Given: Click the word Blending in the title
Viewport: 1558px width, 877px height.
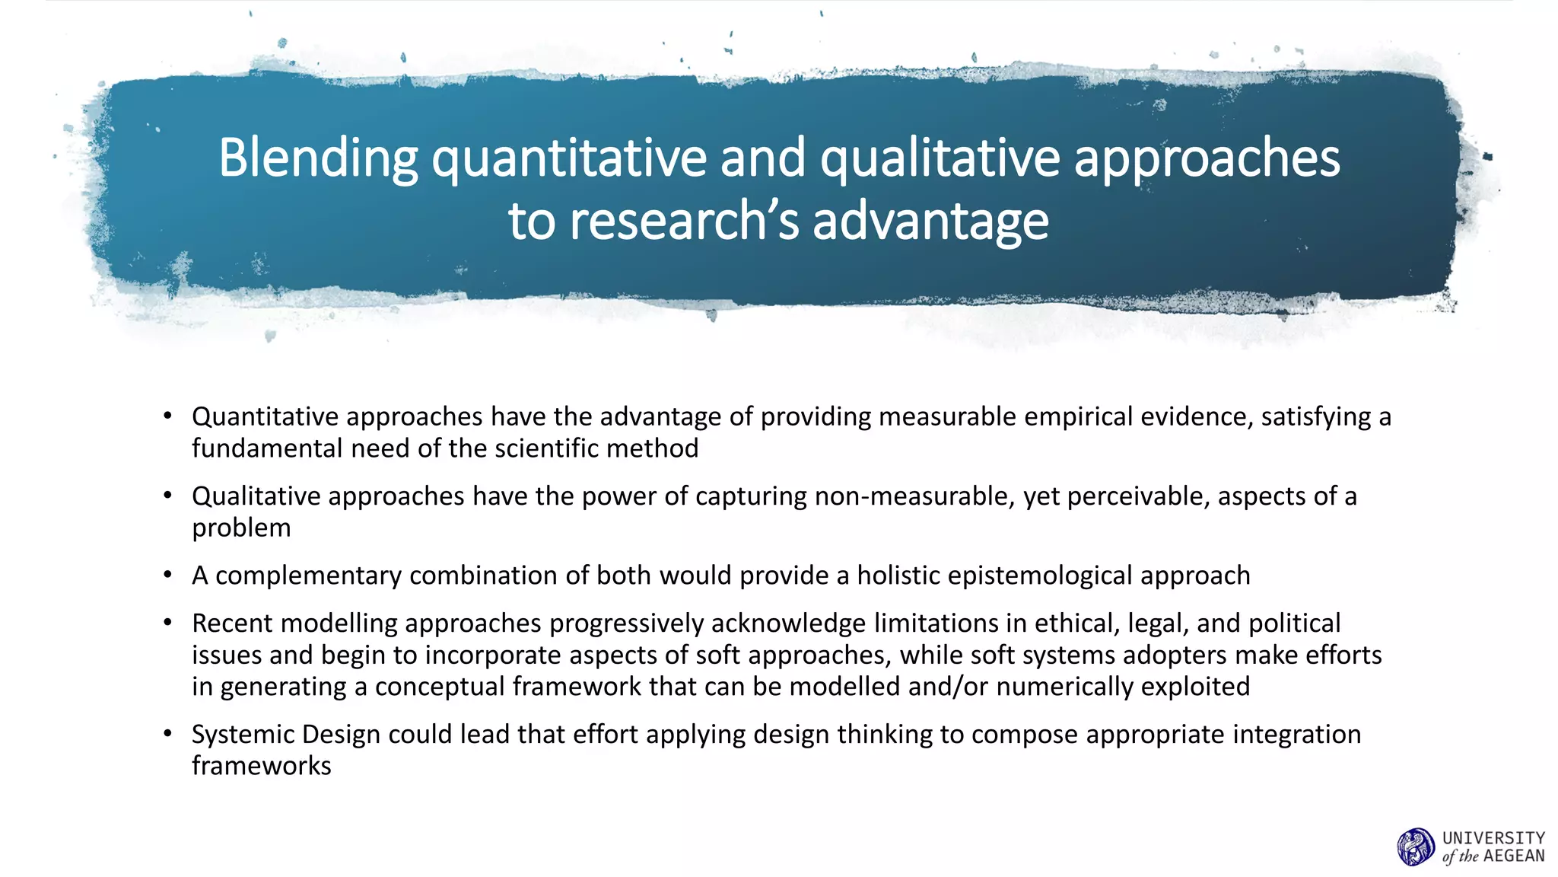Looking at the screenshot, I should point(318,158).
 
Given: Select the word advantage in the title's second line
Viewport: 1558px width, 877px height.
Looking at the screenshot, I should point(930,222).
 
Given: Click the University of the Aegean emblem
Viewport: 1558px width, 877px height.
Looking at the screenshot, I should point(1416,847).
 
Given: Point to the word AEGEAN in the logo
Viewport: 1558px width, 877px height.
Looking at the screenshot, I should point(1514,856).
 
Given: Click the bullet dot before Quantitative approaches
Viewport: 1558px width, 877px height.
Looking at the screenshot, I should point(167,416).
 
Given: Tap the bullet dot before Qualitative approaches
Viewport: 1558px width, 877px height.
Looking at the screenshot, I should point(167,496).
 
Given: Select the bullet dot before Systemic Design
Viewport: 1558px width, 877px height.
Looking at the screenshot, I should point(167,734).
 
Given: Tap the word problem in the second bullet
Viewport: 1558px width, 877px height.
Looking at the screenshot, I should point(241,528).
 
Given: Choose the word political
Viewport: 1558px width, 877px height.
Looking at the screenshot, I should point(1293,623).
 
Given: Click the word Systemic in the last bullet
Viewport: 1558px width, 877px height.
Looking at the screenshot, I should point(243,735).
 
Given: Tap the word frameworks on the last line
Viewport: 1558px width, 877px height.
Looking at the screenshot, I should point(261,766).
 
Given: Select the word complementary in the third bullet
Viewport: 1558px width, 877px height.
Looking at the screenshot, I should point(308,576).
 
